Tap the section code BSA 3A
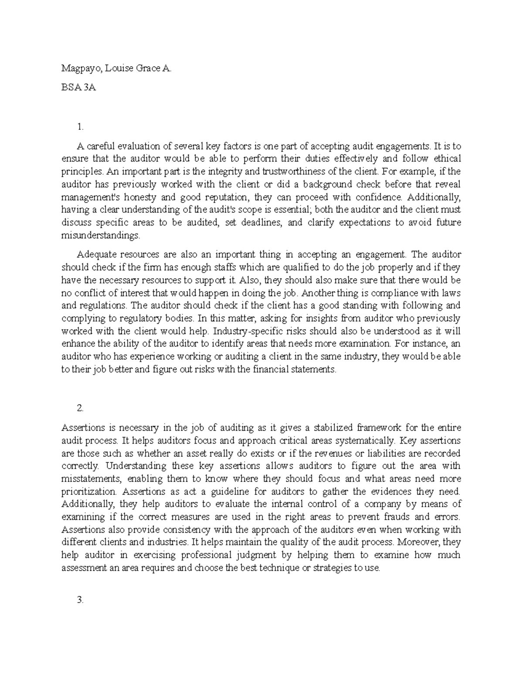tap(78, 87)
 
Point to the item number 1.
tap(79, 127)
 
